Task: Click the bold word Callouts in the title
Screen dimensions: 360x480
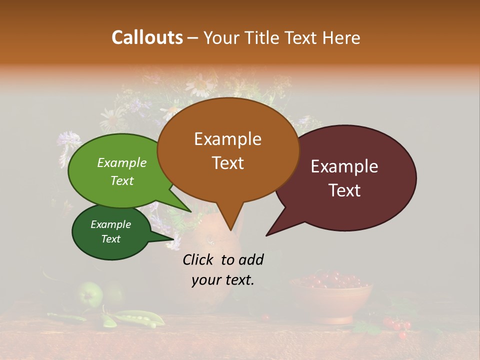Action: tap(147, 37)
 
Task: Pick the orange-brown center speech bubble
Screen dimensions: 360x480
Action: tap(227, 150)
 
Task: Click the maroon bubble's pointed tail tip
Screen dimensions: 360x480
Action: tap(267, 235)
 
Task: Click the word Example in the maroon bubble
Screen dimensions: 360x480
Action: tap(344, 166)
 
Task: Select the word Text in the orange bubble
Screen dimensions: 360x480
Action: tap(227, 163)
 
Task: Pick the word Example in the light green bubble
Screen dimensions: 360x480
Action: tap(121, 162)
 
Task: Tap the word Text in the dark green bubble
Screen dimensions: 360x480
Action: tap(111, 239)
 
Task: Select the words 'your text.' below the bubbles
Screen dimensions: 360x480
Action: tap(223, 280)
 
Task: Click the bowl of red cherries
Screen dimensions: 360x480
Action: tap(331, 294)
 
